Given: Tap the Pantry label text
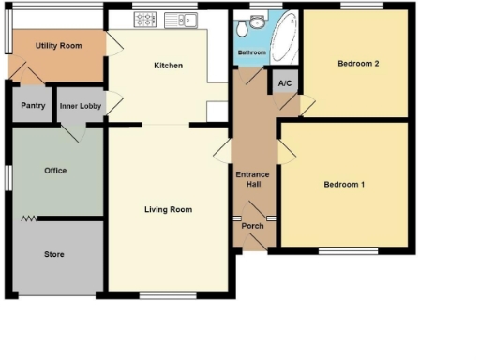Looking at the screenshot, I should (33, 106).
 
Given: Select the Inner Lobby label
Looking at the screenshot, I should (81, 106).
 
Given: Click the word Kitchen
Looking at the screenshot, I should (168, 66).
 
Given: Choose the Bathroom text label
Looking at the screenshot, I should (251, 53).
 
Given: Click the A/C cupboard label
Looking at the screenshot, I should (284, 82).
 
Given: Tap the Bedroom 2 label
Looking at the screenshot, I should (357, 64).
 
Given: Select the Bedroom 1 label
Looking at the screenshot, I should (344, 185).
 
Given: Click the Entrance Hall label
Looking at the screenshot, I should (253, 179).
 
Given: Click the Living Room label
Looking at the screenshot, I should (168, 209).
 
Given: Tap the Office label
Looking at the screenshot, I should (55, 171).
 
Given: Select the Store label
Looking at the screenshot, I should (55, 254).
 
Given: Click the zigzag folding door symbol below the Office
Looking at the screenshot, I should (28, 218).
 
